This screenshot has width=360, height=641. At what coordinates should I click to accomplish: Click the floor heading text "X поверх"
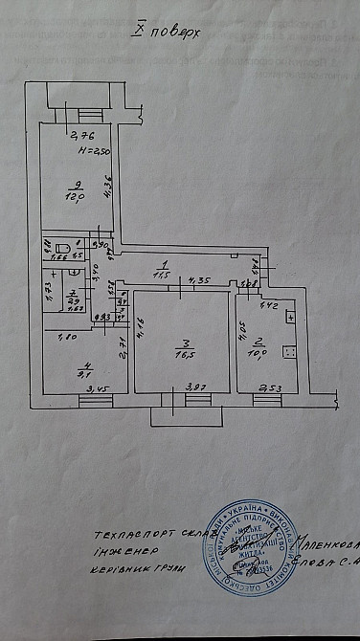pos(167,30)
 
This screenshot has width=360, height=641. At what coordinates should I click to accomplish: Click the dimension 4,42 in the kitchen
pos(269,306)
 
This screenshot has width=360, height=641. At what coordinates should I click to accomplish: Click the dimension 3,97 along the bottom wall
pos(194,387)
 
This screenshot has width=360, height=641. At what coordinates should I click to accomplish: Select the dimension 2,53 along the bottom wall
pos(271,388)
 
